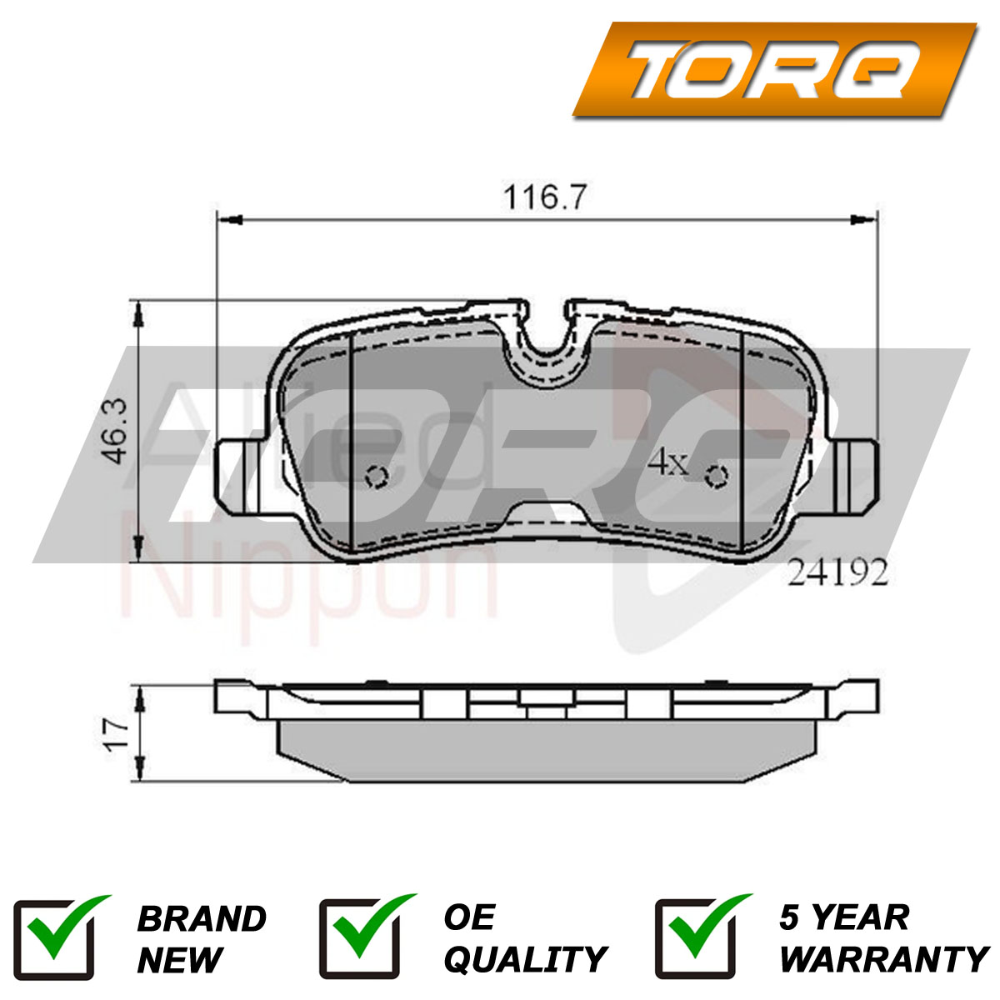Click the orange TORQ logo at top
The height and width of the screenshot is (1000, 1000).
coord(774,69)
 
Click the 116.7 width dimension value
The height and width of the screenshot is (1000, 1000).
coord(545,197)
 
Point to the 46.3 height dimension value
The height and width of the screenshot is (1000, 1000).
coord(113,431)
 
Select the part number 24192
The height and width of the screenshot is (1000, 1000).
coord(837,573)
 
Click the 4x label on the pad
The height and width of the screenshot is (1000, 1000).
coord(667,463)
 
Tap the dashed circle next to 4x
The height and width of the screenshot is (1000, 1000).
coord(717,475)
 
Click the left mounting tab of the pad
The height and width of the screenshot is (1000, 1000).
coord(242,476)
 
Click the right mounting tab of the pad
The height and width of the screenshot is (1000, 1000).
coord(853,476)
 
